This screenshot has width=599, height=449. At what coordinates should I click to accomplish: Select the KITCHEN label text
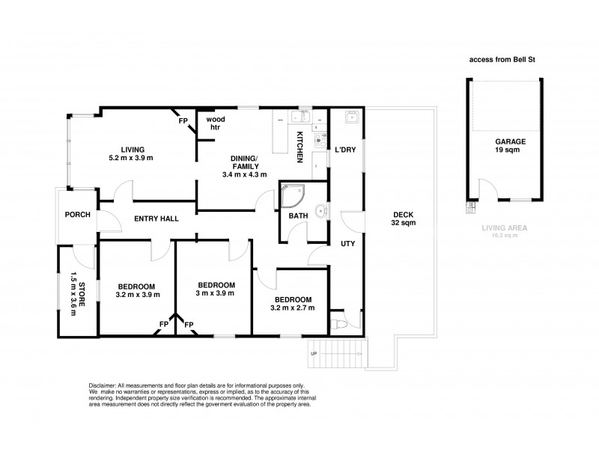click(x=300, y=147)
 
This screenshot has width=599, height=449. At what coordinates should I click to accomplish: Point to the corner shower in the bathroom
click(x=293, y=196)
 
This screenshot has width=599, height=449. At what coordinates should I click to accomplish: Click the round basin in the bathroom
click(x=321, y=210)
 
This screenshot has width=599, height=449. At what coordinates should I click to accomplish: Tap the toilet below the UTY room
click(x=338, y=324)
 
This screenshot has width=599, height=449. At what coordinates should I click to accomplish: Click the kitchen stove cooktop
click(x=320, y=141)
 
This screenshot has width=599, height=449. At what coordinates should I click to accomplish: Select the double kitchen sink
click(x=301, y=116)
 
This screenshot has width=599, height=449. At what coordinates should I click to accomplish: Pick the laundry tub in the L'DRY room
click(x=351, y=117)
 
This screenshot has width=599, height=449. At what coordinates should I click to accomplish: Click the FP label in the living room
click(x=183, y=120)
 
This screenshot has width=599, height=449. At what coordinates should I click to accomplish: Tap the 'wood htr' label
click(x=216, y=123)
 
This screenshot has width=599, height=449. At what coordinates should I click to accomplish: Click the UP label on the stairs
click(x=314, y=353)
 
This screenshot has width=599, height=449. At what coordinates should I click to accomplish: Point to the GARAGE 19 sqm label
click(x=510, y=145)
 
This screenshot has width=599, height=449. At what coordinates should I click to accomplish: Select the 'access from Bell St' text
click(x=502, y=60)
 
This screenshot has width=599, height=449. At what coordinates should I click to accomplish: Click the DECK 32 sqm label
click(x=404, y=219)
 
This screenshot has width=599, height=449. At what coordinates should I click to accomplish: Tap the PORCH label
click(x=78, y=215)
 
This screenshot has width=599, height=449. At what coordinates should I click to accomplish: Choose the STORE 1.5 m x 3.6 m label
click(x=77, y=294)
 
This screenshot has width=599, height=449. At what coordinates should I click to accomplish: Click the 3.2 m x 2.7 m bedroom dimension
click(x=293, y=308)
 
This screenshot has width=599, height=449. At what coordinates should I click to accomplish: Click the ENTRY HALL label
click(x=156, y=219)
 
